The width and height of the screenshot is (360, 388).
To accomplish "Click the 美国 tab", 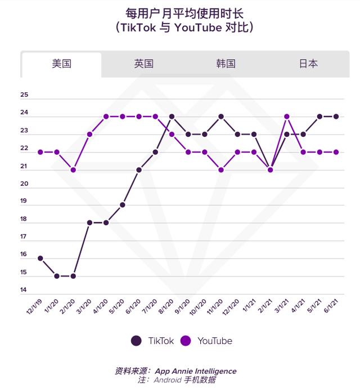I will (x=61, y=64).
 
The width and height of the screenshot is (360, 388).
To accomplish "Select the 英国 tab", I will (x=143, y=64).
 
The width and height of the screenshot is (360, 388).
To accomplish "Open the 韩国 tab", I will (x=226, y=64).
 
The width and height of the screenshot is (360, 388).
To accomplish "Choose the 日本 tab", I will (x=308, y=64).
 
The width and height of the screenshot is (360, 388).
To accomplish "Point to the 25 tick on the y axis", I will (x=24, y=96).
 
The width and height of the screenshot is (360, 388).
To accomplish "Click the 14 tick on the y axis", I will (x=24, y=291).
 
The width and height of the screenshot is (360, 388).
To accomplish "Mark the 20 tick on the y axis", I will (x=24, y=184).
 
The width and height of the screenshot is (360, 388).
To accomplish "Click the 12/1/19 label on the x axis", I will (x=32, y=307).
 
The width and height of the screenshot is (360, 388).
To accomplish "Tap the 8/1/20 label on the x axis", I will (x=164, y=307).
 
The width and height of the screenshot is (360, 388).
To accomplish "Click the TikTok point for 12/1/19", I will (x=40, y=258).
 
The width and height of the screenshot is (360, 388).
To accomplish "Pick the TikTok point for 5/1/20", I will (x=122, y=205).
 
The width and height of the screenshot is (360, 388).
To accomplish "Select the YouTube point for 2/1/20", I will (x=73, y=170).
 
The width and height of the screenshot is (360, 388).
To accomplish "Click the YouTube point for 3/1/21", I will (x=287, y=117).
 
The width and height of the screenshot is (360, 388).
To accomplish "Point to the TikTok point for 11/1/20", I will (x=221, y=117).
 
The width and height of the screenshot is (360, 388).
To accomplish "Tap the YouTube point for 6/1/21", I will (x=336, y=152).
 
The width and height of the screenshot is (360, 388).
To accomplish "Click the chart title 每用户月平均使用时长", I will (x=180, y=12).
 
